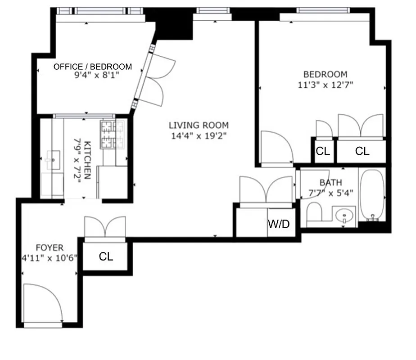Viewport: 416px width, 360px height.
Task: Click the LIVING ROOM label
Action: pyautogui.click(x=199, y=126)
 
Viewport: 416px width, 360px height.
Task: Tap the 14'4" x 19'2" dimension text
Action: pyautogui.click(x=199, y=135)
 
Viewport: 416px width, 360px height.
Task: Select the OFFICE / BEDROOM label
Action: pyautogui.click(x=93, y=67)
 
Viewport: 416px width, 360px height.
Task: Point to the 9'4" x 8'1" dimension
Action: pyautogui.click(x=93, y=76)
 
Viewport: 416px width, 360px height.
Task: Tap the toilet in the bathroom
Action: pyautogui.click(x=314, y=214)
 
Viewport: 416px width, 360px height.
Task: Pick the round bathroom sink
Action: pyautogui.click(x=345, y=216)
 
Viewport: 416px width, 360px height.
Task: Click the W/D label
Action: pyautogui.click(x=279, y=224)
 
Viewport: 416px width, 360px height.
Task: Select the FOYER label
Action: pyautogui.click(x=50, y=247)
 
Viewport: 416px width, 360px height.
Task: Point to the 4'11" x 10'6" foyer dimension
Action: pyautogui.click(x=50, y=258)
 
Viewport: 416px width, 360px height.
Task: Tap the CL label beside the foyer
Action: pyautogui.click(x=106, y=256)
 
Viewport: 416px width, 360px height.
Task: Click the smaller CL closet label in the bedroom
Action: pyautogui.click(x=323, y=151)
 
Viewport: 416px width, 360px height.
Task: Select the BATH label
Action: pyautogui.click(x=330, y=183)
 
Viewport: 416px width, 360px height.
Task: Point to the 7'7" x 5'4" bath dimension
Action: pyautogui.click(x=330, y=193)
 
